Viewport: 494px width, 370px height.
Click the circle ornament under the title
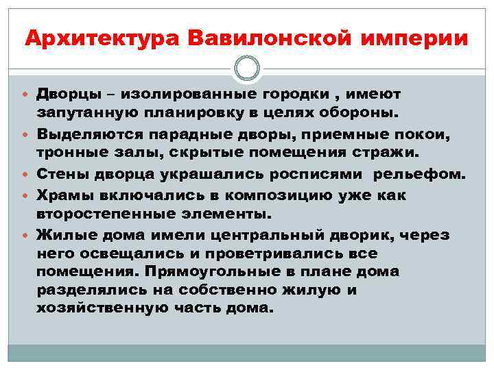tap(247, 68)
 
